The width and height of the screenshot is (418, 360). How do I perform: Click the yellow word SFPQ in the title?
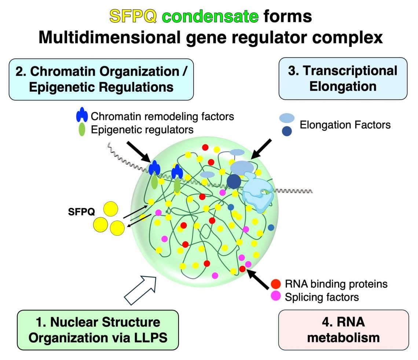click(133, 16)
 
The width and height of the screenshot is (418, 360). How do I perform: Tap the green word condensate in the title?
click(210, 16)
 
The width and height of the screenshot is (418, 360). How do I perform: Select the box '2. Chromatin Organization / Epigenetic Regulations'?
click(101, 80)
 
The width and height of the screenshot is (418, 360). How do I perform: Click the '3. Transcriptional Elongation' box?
click(343, 78)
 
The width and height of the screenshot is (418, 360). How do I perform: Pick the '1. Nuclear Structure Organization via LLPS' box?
click(98, 330)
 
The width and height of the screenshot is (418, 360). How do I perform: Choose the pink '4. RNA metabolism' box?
click(343, 330)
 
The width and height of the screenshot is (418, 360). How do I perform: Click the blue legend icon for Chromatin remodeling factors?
click(82, 115)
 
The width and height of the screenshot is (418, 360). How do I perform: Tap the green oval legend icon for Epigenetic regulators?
click(82, 129)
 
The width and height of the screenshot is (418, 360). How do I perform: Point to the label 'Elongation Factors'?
click(345, 125)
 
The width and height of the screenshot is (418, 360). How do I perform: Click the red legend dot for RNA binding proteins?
click(276, 284)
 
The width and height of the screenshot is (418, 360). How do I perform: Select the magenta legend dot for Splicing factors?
click(276, 296)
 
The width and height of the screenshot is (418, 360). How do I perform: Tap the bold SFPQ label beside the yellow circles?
click(81, 212)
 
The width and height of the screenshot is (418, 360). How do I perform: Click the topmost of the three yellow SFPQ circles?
click(111, 209)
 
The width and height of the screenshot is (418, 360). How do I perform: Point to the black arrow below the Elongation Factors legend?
click(261, 149)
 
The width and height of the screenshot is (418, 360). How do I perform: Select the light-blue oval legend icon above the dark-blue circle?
click(287, 118)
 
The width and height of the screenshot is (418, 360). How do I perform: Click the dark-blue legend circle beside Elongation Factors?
click(287, 131)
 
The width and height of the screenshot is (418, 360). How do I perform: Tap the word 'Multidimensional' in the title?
click(110, 37)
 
